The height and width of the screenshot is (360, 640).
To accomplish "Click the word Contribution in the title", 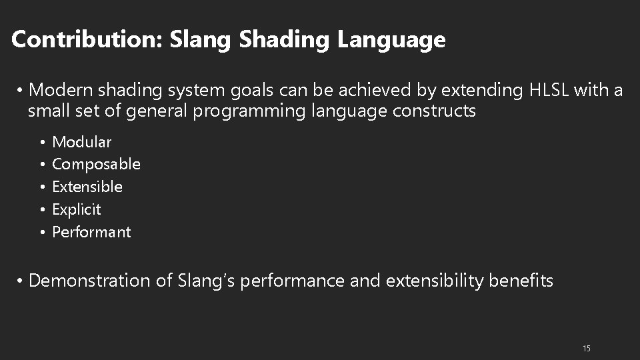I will click(x=86, y=40).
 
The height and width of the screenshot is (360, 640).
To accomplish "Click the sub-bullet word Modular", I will click(x=82, y=142).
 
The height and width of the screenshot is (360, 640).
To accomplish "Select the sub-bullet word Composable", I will click(x=96, y=164).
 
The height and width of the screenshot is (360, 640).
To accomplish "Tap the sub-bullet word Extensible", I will click(x=87, y=187).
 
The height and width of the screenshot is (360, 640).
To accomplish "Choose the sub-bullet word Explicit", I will click(x=77, y=209).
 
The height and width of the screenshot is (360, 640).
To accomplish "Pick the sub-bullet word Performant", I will click(x=91, y=232).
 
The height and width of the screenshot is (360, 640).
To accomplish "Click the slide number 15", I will click(x=587, y=349).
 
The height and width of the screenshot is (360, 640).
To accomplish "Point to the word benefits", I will click(x=521, y=281).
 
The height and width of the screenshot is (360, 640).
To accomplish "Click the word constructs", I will click(x=435, y=111).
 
